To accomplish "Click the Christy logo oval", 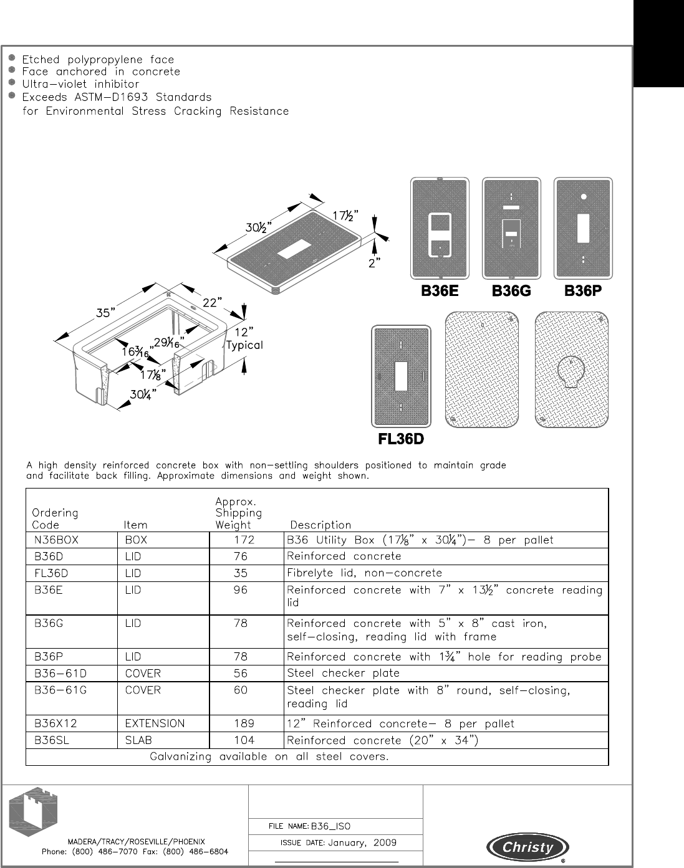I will (x=527, y=847).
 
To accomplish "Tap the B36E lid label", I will (x=440, y=291).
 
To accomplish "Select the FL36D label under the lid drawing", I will (x=401, y=439).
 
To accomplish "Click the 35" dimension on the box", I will (x=105, y=313).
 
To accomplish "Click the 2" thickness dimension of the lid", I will (x=375, y=263).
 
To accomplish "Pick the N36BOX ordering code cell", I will (x=53, y=540).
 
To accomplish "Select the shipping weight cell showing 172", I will (x=240, y=540).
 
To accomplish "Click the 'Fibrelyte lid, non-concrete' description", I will (x=364, y=573).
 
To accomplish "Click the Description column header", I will (x=320, y=525).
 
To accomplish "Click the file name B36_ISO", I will (x=331, y=826).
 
